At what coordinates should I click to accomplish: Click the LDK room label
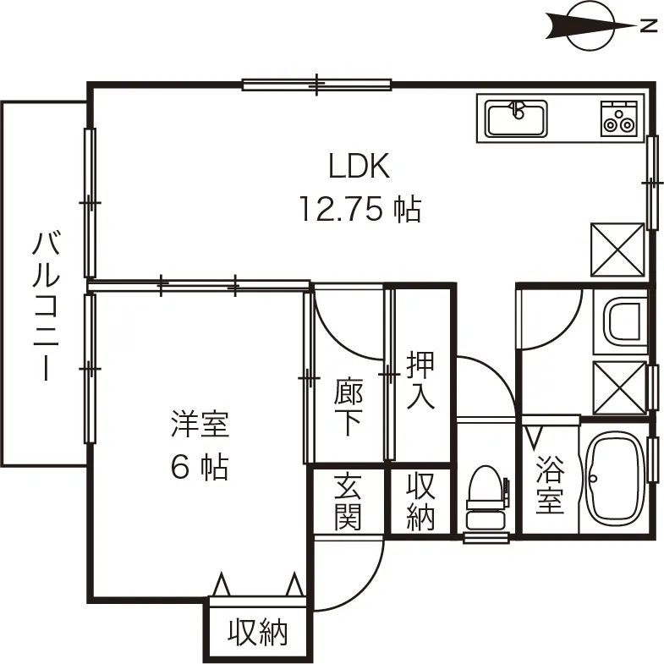[359, 167]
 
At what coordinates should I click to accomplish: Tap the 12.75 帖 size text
[359, 208]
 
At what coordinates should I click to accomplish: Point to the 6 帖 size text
[200, 466]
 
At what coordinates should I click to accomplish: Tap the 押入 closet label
[421, 381]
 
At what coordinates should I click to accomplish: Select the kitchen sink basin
[516, 118]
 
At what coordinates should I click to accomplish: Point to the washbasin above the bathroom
[623, 321]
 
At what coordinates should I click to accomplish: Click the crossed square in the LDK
[617, 249]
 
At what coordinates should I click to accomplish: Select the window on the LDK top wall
[317, 84]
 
